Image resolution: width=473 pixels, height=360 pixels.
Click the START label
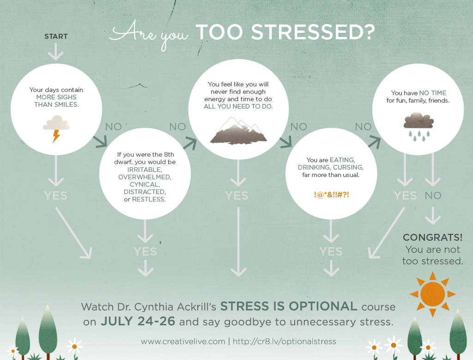coord(56,37)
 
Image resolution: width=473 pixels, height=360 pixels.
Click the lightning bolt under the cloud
coord(56,136)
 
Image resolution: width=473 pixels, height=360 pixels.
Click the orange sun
coord(432,294)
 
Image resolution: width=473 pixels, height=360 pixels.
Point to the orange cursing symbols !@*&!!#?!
coord(331,195)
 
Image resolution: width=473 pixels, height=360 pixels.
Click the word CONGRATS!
coord(432,238)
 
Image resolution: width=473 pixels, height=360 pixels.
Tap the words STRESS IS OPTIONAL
coord(289,306)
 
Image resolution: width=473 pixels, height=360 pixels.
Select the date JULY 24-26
coord(138,321)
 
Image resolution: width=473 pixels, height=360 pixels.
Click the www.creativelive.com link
coord(183,342)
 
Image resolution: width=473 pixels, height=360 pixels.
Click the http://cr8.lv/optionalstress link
coord(284,342)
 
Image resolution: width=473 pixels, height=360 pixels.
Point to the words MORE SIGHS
coord(56,97)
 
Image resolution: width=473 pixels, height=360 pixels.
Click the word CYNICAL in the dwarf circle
coord(145,184)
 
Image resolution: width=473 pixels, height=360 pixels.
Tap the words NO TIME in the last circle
coord(432,93)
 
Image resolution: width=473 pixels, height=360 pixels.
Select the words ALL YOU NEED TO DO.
coord(238,107)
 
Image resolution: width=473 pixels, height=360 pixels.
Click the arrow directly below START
coord(56,52)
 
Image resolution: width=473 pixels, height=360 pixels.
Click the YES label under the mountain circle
coord(237,195)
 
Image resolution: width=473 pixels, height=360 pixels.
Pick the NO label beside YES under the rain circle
coord(433,195)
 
